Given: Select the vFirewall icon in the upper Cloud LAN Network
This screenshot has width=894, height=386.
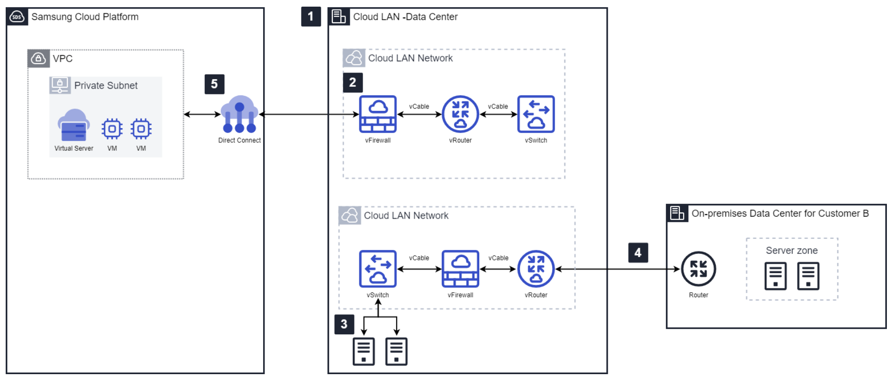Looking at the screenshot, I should (x=377, y=114).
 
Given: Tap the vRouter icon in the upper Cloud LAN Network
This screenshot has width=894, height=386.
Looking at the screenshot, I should (x=460, y=114).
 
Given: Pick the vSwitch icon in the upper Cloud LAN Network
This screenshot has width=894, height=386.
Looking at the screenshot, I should (x=536, y=114).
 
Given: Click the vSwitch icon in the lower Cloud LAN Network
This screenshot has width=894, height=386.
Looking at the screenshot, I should (x=377, y=269).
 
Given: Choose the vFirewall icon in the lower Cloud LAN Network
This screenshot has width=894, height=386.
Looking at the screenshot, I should (x=460, y=269).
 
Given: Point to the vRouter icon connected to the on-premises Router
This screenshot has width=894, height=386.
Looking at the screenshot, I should (x=536, y=269).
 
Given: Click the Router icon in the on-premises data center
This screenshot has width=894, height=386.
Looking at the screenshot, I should (x=698, y=269).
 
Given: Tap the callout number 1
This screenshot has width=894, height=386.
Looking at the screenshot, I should (x=310, y=17).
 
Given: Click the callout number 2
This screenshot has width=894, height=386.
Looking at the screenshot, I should (x=353, y=83).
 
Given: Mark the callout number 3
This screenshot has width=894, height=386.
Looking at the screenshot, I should (x=344, y=324).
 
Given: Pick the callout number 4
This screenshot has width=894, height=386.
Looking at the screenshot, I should (x=638, y=253).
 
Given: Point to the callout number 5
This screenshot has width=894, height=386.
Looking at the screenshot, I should (x=214, y=84).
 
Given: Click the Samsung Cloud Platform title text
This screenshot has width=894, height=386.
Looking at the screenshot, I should (x=85, y=17).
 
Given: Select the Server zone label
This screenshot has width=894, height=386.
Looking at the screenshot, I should (x=792, y=250).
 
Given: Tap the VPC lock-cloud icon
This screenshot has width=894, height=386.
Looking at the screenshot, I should (x=38, y=58).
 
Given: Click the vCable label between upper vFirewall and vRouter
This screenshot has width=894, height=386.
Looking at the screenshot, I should (x=419, y=107).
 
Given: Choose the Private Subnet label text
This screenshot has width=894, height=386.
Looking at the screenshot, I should (x=106, y=85).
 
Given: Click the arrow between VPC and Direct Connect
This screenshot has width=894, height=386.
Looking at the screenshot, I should (x=202, y=114).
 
